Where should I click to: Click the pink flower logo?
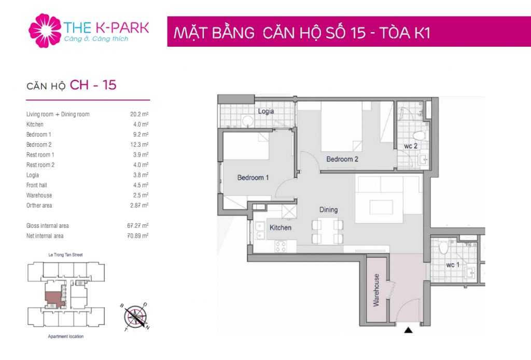45,31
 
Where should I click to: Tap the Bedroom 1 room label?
253,177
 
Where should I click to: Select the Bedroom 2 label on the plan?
342,159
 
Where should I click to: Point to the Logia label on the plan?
266,111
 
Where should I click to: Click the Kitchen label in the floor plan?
281,228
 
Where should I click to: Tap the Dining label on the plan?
328,210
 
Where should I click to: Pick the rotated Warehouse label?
376,290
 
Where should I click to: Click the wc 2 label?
411,146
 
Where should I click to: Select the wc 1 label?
453,265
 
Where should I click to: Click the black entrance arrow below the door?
409,329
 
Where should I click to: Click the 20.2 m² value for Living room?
139,114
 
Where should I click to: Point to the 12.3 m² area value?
139,145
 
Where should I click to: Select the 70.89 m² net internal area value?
138,236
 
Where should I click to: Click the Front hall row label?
37,185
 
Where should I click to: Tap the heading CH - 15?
93,85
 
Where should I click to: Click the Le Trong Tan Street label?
66,255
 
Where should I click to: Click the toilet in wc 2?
419,135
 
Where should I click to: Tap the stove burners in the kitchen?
281,246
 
